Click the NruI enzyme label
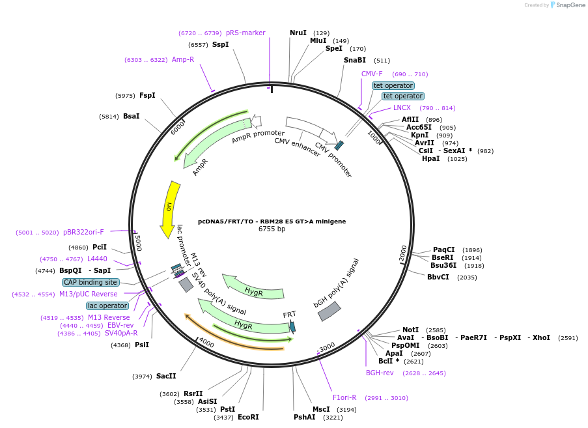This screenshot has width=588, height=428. point(298,33)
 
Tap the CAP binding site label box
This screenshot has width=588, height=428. point(91,282)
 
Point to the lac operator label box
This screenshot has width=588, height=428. point(107,306)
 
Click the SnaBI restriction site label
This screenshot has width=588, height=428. point(354,61)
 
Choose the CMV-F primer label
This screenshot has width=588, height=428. point(372,74)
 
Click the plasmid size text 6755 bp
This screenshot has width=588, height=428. point(272,229)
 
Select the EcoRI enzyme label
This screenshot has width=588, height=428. point(248,417)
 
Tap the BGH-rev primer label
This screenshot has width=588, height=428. point(380,373)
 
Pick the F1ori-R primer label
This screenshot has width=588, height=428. point(344,397)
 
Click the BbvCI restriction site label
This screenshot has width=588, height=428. point(438,277)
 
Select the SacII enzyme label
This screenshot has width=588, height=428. point(166,376)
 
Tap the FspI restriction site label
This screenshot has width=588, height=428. point(147,95)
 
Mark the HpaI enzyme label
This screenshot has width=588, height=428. point(431,158)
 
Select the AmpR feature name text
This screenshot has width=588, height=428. point(200,167)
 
